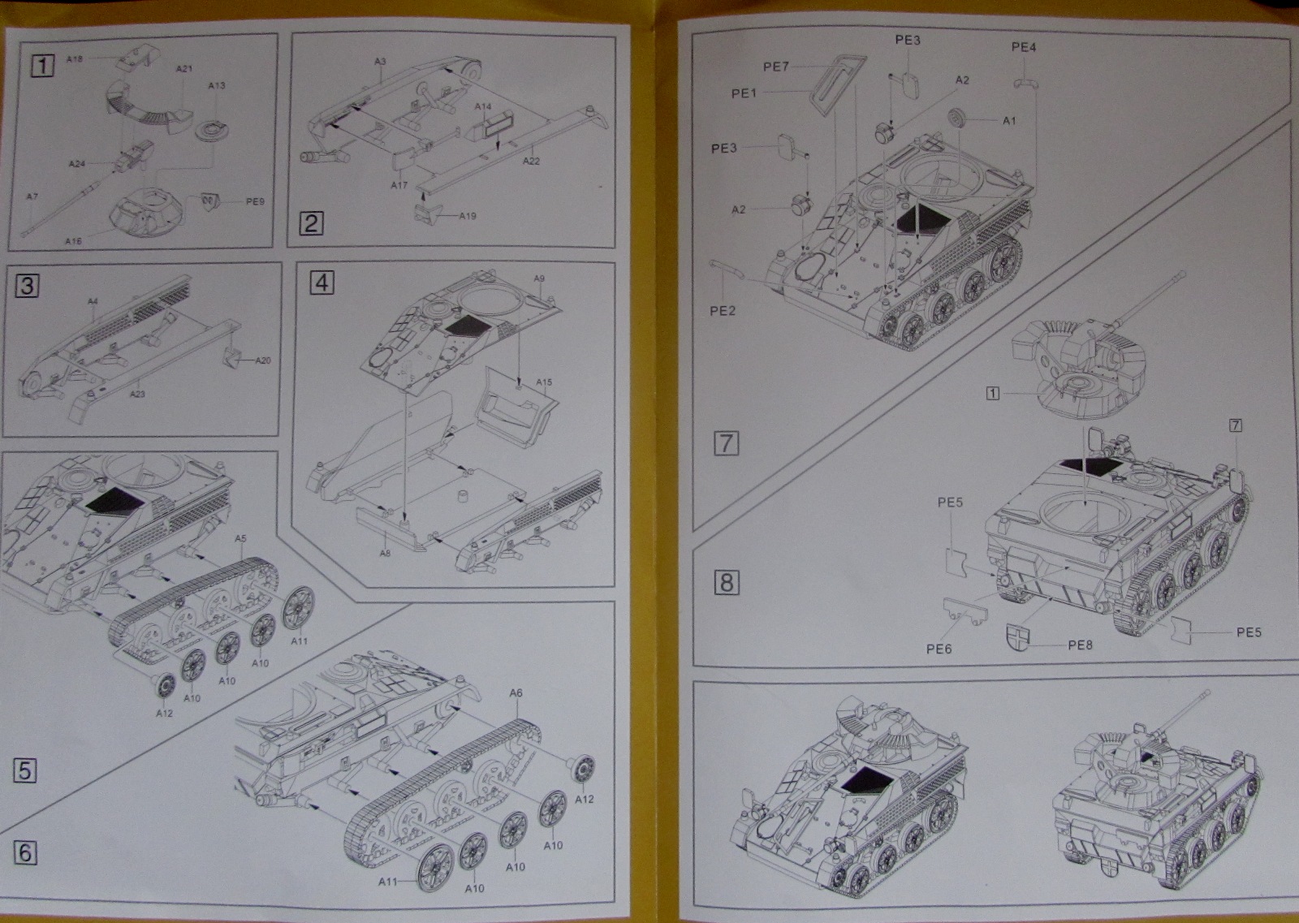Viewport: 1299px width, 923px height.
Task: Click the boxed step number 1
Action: pyautogui.click(x=41, y=64)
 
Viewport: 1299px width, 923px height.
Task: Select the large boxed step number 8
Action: pyautogui.click(x=726, y=582)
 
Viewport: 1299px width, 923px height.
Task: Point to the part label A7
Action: pyautogui.click(x=32, y=196)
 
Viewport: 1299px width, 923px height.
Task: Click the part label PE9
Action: pyautogui.click(x=255, y=201)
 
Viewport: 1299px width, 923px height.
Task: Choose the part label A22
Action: pyautogui.click(x=531, y=161)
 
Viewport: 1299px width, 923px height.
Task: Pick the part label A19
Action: pyautogui.click(x=467, y=216)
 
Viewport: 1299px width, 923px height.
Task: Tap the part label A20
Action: pyautogui.click(x=262, y=360)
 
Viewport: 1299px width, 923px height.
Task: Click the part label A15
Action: pyautogui.click(x=543, y=382)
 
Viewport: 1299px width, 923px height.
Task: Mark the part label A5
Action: pyautogui.click(x=240, y=538)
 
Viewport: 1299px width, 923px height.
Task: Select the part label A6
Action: pyautogui.click(x=516, y=692)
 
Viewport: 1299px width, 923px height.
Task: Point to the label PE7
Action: pyautogui.click(x=775, y=67)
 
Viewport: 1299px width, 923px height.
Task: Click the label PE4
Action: pyautogui.click(x=1024, y=47)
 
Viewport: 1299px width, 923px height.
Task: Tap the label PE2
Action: pyautogui.click(x=722, y=310)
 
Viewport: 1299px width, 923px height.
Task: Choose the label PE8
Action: pyautogui.click(x=1080, y=645)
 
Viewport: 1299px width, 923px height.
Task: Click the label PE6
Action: pyautogui.click(x=939, y=649)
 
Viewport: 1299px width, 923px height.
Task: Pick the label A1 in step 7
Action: pyautogui.click(x=1009, y=121)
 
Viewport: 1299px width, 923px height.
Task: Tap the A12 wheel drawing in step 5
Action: pyautogui.click(x=164, y=686)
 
